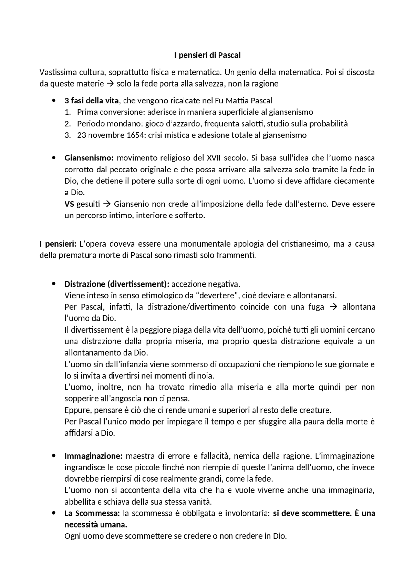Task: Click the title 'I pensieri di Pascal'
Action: (207, 55)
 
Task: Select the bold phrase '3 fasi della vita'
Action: (91, 101)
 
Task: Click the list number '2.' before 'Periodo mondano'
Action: (67, 124)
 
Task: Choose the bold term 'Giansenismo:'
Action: (89, 158)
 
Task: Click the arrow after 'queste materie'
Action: (110, 84)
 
